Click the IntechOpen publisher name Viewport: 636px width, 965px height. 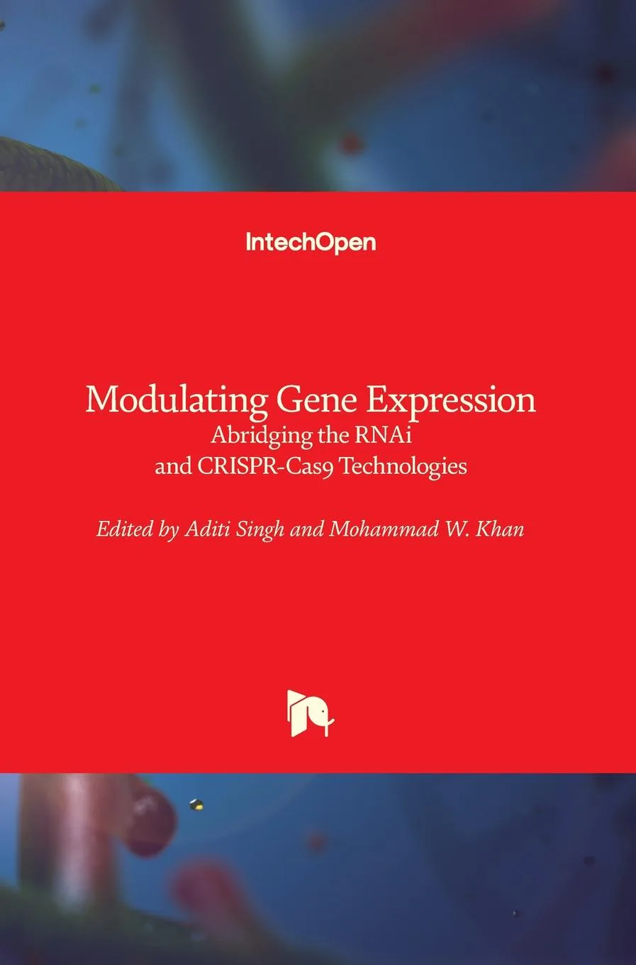click(311, 243)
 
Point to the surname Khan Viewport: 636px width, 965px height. click(501, 529)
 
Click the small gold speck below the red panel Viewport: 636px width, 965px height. click(196, 804)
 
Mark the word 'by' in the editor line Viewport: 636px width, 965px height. click(168, 530)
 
